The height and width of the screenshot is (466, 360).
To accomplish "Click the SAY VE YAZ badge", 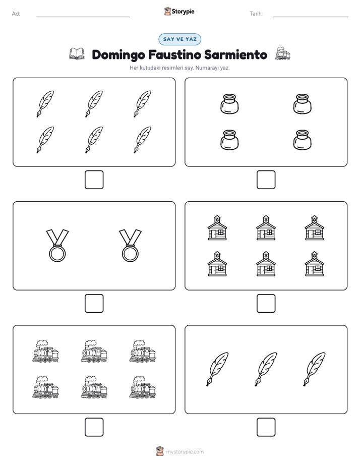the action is coord(179,39).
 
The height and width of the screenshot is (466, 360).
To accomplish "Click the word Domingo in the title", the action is coord(118,55).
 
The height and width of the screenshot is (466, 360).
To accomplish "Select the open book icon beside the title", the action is coord(77,54).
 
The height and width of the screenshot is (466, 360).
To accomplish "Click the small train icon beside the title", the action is coord(282,53).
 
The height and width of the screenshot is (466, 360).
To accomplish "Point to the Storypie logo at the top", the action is coord(179,11).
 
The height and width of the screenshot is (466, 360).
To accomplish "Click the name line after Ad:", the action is coord(83,17).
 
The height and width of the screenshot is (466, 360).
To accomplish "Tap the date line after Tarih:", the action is coord(311,17).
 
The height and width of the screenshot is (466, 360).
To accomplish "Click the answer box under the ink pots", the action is coord(266,180).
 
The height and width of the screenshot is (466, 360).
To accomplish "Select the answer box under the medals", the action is coord(94,304).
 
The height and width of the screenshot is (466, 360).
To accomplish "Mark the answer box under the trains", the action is coord(94,427).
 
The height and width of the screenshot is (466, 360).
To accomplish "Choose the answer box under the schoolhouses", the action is coord(266,304).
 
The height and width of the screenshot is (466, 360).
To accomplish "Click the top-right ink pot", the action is coord(303,104).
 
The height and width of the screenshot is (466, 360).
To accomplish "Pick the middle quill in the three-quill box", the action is coord(266,369).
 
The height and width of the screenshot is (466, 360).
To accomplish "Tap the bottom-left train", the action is coord(45,387).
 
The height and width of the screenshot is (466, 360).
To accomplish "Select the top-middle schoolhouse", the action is coord(266,227).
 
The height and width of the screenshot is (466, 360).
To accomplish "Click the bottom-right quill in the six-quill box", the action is coord(143,140).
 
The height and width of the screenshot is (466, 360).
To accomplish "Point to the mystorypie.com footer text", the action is coord(185,452).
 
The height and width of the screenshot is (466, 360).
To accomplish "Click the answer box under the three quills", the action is coord(266,427).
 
